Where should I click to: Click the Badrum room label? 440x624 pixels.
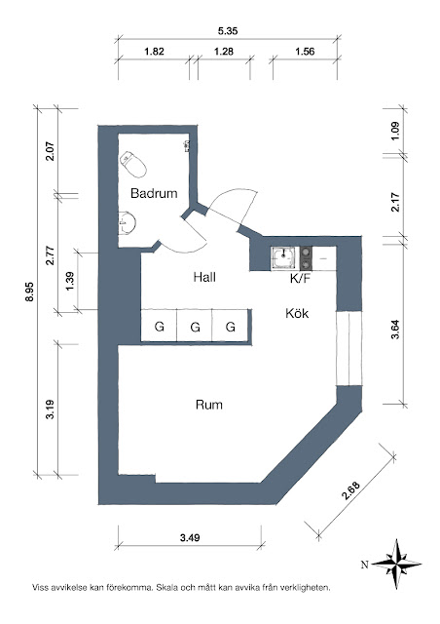click(154, 193)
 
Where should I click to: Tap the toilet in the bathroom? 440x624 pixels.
click(133, 164)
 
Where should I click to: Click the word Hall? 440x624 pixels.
click(204, 277)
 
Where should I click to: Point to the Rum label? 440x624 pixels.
click(209, 405)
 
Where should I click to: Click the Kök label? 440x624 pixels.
click(297, 313)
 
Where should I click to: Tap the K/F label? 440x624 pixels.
click(300, 279)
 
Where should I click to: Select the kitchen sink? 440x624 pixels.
click(284, 258)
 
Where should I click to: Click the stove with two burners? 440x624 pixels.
click(306, 258)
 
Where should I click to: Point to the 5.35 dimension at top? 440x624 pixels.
click(228, 31)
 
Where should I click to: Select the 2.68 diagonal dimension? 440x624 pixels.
click(350, 491)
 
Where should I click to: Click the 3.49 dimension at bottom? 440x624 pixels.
click(190, 538)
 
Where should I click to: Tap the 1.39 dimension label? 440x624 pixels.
click(70, 281)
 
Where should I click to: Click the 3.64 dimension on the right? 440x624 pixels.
click(395, 330)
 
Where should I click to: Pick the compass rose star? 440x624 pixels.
click(397, 564)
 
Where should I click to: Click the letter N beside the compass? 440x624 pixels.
click(364, 565)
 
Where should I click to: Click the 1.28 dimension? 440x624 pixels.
click(224, 52)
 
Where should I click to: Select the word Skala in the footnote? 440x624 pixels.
click(165, 587)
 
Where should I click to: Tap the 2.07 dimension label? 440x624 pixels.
click(50, 151)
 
